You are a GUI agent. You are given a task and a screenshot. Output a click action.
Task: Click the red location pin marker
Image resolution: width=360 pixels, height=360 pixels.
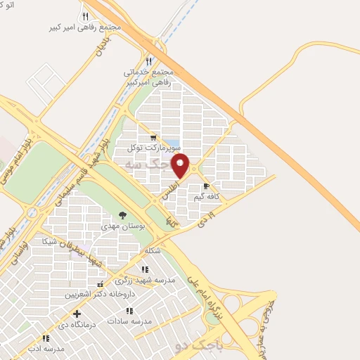point(181,166)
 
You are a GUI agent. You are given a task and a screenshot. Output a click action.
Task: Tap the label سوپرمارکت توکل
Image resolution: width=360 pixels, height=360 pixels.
point(154,148)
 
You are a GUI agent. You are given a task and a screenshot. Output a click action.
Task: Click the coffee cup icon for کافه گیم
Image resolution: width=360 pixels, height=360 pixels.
point(206,186)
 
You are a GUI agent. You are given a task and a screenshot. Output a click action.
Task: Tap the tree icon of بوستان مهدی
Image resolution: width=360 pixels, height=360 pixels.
point(123,215)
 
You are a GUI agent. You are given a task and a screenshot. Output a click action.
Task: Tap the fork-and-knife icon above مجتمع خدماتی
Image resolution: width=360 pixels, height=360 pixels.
point(148,61)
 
